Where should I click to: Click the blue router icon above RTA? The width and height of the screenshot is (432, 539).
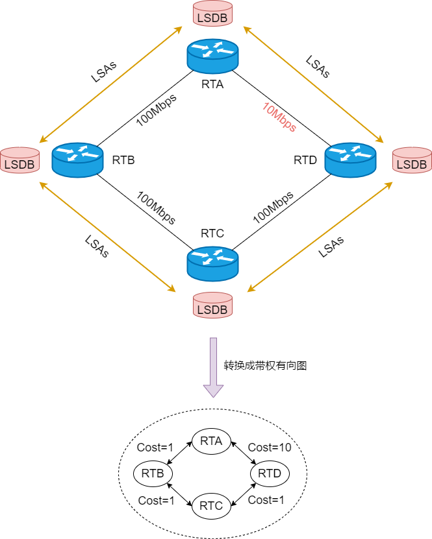pos(212,56)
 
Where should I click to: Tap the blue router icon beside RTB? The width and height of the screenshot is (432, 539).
pos(77,160)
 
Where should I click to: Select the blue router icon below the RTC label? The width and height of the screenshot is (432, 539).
pos(212,263)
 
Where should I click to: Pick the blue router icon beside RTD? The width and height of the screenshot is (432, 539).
pos(350,160)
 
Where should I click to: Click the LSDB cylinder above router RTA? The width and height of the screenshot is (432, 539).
pos(212,14)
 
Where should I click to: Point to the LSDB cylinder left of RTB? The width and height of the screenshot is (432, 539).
pos(19,160)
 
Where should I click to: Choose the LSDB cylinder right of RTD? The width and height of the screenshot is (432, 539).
pos(412,160)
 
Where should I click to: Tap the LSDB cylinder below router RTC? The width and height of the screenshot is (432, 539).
pos(212,305)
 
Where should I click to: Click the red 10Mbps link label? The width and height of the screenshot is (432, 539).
pos(279,117)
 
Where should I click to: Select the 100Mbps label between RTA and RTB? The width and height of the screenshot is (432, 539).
pos(157,110)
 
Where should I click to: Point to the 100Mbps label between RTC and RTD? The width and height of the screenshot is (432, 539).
pos(273,207)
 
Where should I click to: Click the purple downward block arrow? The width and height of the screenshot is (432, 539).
pos(214,367)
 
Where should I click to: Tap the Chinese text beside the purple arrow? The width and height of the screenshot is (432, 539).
pos(265,365)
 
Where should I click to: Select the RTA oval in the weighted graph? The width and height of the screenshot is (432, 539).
pos(211,441)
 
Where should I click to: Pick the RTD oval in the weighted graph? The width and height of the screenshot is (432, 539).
pos(270,473)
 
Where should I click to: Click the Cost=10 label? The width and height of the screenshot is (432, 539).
pos(270,447)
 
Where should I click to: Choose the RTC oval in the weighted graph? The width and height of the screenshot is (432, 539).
pos(211,506)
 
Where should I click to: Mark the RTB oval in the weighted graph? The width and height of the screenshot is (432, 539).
pos(153,473)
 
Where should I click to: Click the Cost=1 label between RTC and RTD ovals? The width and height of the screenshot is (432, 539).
pos(266,500)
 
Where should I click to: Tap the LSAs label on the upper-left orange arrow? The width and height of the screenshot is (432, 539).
pos(104,72)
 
